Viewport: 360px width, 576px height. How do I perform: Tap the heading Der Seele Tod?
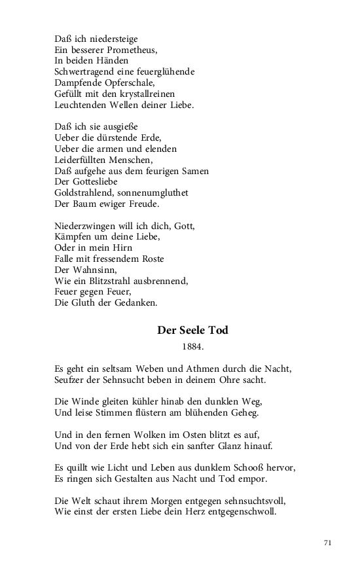click(x=192, y=331)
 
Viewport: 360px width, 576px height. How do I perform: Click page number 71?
click(x=329, y=543)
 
